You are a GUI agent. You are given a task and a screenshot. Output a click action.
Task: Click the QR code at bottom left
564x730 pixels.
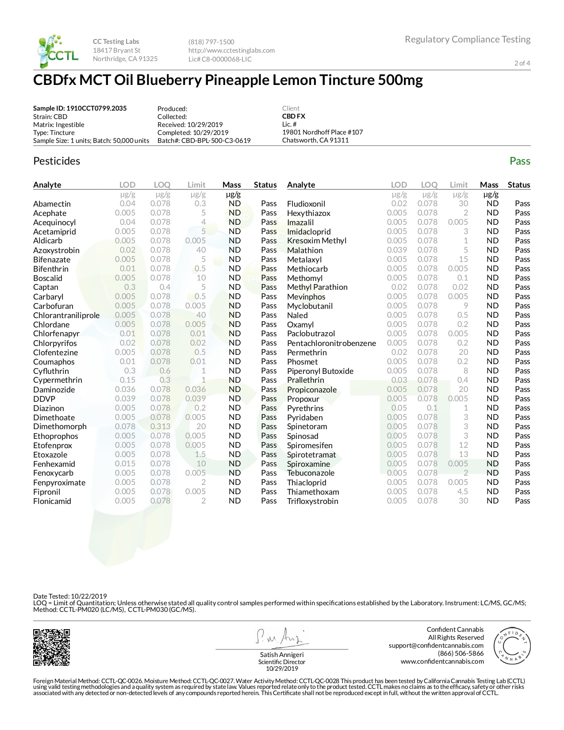coord(51,647)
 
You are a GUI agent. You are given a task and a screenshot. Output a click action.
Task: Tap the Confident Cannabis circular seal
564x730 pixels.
coord(512,645)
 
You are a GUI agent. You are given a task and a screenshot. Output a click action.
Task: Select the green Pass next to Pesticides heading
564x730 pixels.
coord(519,161)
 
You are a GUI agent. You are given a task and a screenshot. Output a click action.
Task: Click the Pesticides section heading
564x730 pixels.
coord(57,161)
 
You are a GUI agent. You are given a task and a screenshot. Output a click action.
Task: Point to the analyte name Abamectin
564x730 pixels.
coord(52,204)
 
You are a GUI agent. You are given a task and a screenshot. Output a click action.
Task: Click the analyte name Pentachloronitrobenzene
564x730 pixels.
coord(331,343)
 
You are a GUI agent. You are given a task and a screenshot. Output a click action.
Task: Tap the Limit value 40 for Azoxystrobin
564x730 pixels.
coord(201,250)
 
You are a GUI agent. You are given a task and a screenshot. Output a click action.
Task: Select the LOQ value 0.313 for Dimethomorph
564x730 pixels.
coord(160,426)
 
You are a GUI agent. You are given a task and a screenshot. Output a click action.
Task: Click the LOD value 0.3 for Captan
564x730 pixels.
coord(130,287)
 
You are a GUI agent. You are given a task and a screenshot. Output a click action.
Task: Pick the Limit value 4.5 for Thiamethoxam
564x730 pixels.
coord(462,492)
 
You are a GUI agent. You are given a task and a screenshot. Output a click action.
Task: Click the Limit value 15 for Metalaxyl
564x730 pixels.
coord(463,259)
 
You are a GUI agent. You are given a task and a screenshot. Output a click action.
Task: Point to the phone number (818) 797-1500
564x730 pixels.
coord(211,42)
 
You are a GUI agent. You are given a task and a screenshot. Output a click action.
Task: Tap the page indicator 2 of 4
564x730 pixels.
coord(522,63)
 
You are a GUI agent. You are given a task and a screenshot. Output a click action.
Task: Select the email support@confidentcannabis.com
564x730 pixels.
coord(436,645)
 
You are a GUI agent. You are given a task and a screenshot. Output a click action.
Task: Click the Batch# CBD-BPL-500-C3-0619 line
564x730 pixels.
coord(204,141)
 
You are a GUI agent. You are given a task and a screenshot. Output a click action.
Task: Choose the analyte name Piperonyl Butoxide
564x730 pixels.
coord(320,371)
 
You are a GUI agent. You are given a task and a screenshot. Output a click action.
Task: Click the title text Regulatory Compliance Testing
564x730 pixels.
coord(468,39)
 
